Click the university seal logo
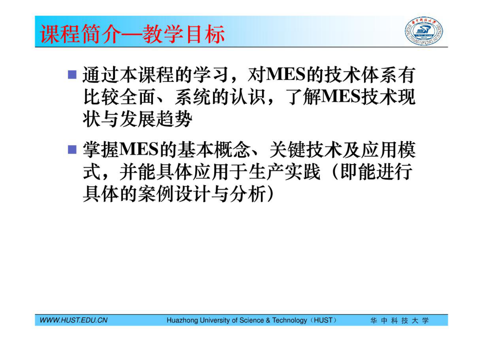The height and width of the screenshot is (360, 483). click(423, 31)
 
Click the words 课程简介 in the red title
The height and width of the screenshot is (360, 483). click(81, 34)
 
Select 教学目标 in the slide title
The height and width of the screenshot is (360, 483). click(184, 34)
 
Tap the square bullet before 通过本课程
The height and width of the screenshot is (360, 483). click(72, 74)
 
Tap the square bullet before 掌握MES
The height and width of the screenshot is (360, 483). click(72, 150)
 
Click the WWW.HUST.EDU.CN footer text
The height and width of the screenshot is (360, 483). click(74, 320)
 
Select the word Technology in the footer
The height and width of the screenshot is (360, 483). click(289, 320)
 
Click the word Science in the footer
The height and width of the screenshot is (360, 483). click(251, 320)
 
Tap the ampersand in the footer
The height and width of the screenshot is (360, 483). click(268, 320)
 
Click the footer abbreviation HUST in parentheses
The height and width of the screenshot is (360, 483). click(323, 320)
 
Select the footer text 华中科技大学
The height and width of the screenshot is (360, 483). click(399, 320)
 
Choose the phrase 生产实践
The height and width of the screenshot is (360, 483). click(285, 172)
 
